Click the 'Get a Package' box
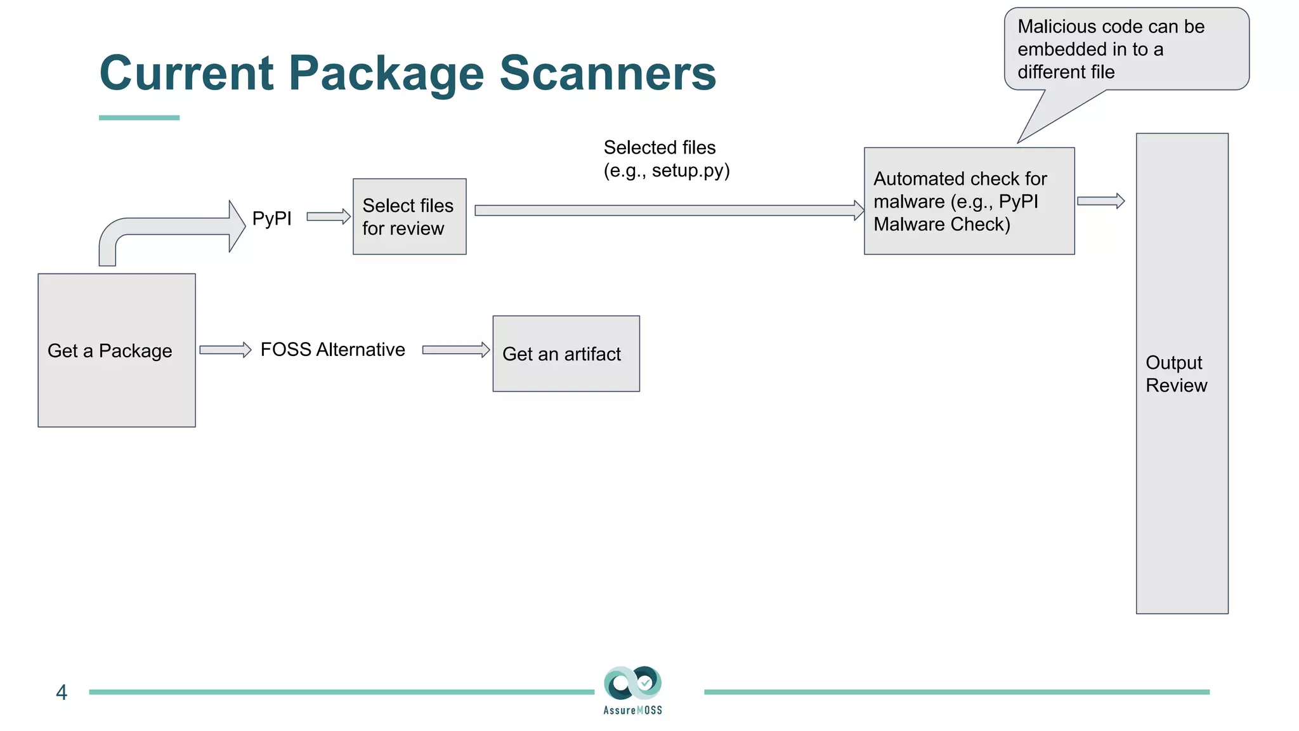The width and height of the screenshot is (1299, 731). (x=117, y=350)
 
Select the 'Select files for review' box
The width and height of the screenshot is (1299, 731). (x=409, y=216)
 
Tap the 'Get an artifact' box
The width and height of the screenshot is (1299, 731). (x=566, y=353)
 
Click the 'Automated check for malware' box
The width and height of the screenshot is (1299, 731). (x=969, y=201)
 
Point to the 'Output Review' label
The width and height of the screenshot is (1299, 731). (x=1176, y=374)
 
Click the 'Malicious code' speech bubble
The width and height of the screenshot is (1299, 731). (x=1126, y=49)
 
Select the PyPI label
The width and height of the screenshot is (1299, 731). (x=271, y=218)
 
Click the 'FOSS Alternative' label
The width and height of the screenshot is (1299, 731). (x=332, y=350)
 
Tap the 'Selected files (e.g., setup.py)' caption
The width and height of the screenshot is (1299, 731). (x=666, y=159)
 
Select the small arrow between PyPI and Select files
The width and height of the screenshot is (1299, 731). (x=328, y=216)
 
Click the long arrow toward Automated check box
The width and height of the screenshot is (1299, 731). (x=666, y=210)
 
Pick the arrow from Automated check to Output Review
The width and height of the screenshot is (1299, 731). (x=1100, y=201)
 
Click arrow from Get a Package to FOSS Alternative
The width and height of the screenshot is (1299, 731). (x=225, y=350)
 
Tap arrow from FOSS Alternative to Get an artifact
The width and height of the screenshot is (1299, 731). (x=455, y=350)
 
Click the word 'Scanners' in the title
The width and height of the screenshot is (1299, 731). (x=608, y=73)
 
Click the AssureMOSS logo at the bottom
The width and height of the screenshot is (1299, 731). (x=632, y=690)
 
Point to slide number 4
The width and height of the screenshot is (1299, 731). (x=62, y=692)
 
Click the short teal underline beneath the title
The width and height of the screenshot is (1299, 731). (x=139, y=117)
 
